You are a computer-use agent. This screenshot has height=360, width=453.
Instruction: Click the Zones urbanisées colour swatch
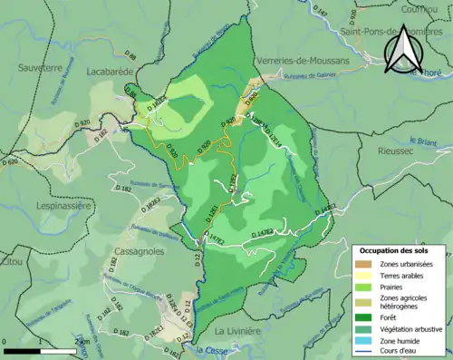coord(363,263)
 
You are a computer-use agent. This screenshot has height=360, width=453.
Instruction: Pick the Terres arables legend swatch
coord(363,275)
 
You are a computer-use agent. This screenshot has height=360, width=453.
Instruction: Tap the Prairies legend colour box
coord(363,287)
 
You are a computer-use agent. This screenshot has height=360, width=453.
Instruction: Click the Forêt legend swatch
coord(363,316)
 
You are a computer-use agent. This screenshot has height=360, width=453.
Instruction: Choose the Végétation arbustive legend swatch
coord(363,328)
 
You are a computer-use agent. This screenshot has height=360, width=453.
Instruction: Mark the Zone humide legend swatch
coord(363,340)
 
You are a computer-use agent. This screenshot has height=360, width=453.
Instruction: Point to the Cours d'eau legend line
coord(363,351)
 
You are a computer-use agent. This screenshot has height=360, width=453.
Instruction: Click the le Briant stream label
coord(423,141)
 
